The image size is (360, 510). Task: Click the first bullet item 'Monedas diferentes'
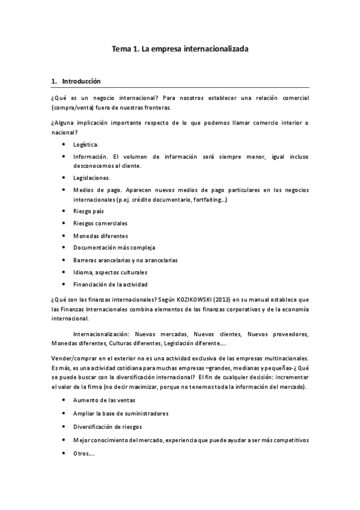pos(100,236)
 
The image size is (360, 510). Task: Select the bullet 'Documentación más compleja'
pos(114,248)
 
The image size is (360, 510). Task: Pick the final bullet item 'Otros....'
pos(84,453)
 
